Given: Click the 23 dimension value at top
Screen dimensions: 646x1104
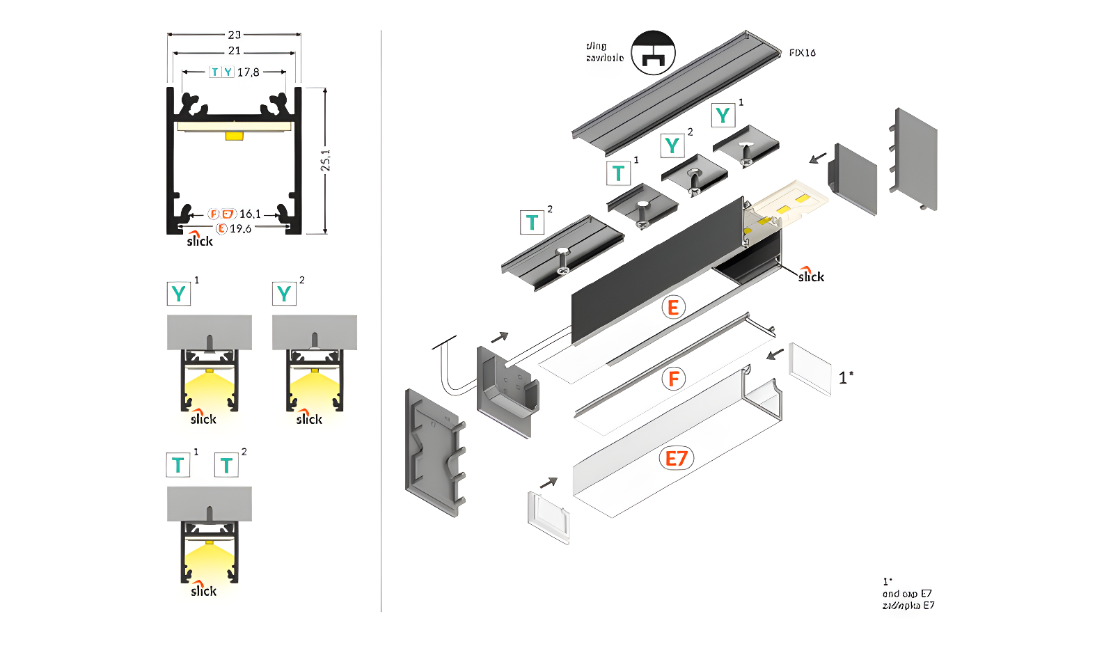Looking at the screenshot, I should (x=234, y=34).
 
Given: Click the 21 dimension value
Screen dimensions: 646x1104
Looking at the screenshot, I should (x=234, y=51).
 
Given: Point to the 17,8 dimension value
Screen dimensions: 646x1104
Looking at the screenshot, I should (x=248, y=72).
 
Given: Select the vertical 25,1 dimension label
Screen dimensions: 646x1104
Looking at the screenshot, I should (x=325, y=160).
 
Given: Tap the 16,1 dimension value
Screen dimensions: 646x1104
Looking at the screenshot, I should (x=250, y=214).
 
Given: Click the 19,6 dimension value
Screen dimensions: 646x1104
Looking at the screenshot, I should (x=241, y=228).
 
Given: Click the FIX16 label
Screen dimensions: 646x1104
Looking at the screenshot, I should (x=802, y=53).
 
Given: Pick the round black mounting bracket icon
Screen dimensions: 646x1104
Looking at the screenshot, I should (x=653, y=53).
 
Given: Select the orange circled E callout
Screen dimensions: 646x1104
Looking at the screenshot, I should (x=673, y=307).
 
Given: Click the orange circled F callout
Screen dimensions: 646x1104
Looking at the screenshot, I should (x=673, y=379).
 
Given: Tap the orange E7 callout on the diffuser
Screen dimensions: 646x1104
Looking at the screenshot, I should (x=676, y=458).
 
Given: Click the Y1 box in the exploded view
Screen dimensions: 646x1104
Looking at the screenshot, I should (x=723, y=115).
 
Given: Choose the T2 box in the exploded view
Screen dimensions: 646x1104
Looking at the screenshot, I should (x=533, y=222).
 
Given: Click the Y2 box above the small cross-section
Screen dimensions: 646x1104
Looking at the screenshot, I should (x=284, y=293).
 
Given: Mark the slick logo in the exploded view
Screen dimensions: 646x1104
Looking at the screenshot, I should (x=811, y=275).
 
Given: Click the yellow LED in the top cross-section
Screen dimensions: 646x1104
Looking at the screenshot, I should (x=234, y=135).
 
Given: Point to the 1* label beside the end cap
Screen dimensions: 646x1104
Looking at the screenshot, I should (x=845, y=377).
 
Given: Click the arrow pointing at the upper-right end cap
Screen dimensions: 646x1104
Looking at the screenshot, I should (x=818, y=158).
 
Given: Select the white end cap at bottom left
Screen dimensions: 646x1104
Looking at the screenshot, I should (x=549, y=517).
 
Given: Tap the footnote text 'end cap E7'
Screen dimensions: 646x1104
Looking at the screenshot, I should (x=907, y=594).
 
